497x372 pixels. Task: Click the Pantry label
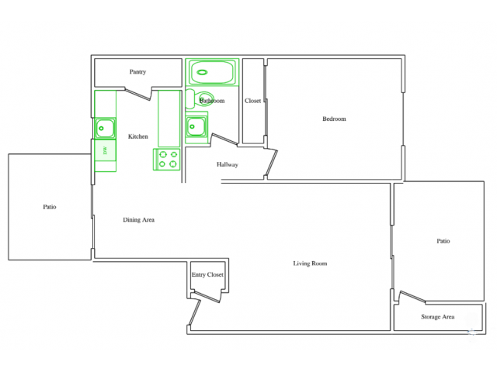pos(137,72)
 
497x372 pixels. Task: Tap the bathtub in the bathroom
pos(212,72)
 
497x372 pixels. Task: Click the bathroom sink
pos(196,125)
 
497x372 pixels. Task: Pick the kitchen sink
pos(106,127)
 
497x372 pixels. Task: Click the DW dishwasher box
pos(105,150)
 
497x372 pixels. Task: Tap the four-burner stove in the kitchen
pos(168,159)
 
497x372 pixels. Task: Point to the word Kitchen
pos(138,136)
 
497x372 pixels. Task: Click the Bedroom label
pos(334,119)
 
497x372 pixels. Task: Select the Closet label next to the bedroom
pos(253,101)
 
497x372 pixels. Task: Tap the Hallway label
pos(228,164)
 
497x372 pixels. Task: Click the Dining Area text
pos(139,219)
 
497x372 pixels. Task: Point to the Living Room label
pos(310,263)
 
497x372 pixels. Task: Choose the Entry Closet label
pos(207,274)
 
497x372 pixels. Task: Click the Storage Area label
pos(438,316)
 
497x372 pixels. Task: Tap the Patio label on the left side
pos(50,207)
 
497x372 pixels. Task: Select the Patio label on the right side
pos(443,241)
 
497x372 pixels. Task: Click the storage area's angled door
pos(412,298)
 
